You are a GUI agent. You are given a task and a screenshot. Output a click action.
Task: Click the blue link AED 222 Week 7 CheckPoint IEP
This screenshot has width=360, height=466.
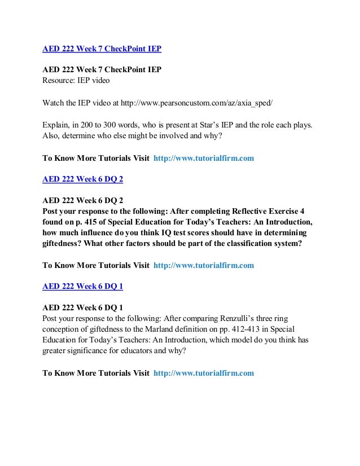click(102, 49)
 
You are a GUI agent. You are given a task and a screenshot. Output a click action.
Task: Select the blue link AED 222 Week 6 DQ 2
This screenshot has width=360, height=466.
click(83, 180)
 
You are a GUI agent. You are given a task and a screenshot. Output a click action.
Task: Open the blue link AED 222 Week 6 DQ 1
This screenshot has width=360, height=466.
click(83, 286)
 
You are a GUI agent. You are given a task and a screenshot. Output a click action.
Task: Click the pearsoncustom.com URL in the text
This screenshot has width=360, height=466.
click(212, 103)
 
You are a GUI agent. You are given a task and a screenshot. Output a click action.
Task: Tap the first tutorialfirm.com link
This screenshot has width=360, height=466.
click(204, 159)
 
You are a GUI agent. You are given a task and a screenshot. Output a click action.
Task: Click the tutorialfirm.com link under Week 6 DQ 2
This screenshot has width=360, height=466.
click(204, 265)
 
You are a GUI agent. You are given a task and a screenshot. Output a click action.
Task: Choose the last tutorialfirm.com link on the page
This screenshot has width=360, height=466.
click(204, 373)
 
